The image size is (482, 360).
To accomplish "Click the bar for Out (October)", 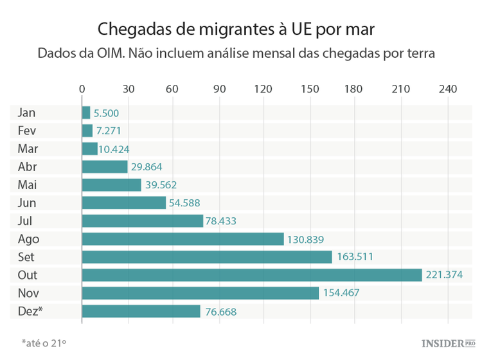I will click(251, 275).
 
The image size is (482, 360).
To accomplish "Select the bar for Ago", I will click(183, 239).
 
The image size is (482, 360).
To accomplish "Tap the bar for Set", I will click(207, 257).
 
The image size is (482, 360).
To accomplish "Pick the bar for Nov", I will click(200, 293).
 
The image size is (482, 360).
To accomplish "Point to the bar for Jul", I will click(142, 221).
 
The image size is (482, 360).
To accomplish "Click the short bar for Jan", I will click(86, 113).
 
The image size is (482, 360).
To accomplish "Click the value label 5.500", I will click(106, 113).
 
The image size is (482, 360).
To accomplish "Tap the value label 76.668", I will click(220, 312).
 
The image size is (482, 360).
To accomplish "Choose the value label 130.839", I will click(305, 239).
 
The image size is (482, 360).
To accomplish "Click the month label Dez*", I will click(31, 311).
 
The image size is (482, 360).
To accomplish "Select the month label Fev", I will click(28, 131).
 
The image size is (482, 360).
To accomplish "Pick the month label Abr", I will click(28, 167).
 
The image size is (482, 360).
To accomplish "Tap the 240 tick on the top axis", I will click(447, 89).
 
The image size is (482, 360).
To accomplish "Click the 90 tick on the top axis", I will click(219, 89).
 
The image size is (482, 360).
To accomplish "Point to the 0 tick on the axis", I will click(82, 89).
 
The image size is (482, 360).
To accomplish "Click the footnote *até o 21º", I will click(44, 343).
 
